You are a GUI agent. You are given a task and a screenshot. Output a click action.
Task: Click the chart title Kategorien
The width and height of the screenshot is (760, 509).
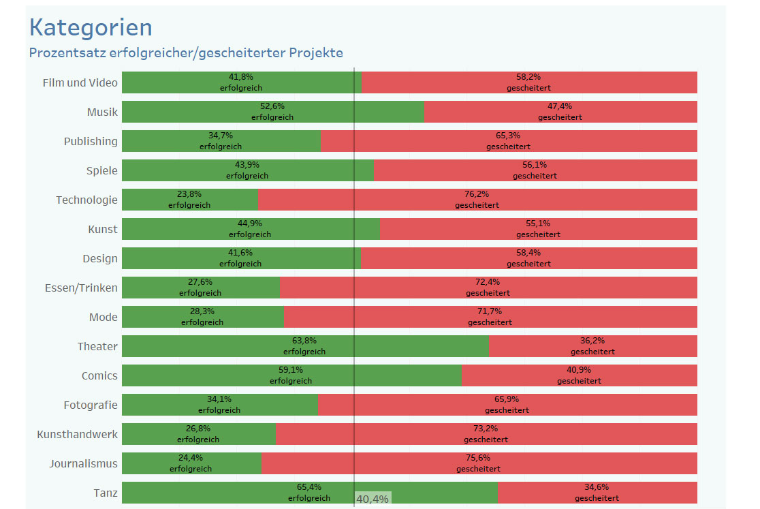(x=91, y=27)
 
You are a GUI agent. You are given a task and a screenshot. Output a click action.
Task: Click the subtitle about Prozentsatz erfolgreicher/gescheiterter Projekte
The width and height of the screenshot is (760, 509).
(x=186, y=52)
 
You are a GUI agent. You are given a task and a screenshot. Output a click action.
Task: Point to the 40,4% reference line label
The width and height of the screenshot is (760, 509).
(x=373, y=499)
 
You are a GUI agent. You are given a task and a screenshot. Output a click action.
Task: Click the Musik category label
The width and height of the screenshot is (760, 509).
(x=102, y=112)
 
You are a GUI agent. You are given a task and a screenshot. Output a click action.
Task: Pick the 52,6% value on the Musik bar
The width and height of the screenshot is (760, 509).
(x=272, y=106)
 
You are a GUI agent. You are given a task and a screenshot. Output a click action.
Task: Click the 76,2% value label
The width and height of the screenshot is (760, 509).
(x=477, y=194)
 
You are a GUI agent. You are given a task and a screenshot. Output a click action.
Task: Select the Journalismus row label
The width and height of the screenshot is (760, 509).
(x=83, y=464)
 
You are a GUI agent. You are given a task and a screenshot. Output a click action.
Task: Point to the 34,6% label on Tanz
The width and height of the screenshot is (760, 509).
(x=597, y=487)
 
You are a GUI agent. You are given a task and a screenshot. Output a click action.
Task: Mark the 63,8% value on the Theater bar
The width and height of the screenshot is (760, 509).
(x=304, y=341)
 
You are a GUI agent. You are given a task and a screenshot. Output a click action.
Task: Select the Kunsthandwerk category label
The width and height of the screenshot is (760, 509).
(x=77, y=435)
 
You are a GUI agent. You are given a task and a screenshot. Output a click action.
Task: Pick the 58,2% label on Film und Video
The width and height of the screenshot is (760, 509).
(x=528, y=77)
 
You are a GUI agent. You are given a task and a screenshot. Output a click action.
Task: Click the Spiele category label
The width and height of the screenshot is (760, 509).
(x=102, y=171)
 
